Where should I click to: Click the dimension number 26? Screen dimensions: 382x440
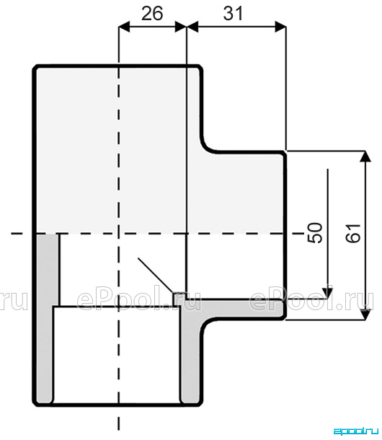coord(152,14)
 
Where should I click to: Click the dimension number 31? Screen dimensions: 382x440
coord(233,14)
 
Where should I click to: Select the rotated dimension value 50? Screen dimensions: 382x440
coord(315,233)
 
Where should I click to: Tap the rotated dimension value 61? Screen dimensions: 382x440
coord(353,233)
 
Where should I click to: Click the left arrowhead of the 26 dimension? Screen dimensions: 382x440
coord(124,27)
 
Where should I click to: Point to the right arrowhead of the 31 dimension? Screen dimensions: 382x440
coord(281,27)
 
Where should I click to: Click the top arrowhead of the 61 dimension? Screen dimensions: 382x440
coord(365,156)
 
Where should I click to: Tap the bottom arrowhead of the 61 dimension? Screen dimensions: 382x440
coord(365,314)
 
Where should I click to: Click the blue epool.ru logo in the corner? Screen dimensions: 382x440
coord(356,431)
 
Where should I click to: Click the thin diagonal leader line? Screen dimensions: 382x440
coord(155,276)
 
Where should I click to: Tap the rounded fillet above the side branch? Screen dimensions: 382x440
coord(208,146)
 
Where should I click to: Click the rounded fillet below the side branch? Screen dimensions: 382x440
coord(208,326)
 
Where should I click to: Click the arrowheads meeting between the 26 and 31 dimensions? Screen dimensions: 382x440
coord(187,27)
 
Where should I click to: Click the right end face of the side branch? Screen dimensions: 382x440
coord(285,235)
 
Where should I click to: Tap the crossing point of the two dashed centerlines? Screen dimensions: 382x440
coord(119,233)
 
